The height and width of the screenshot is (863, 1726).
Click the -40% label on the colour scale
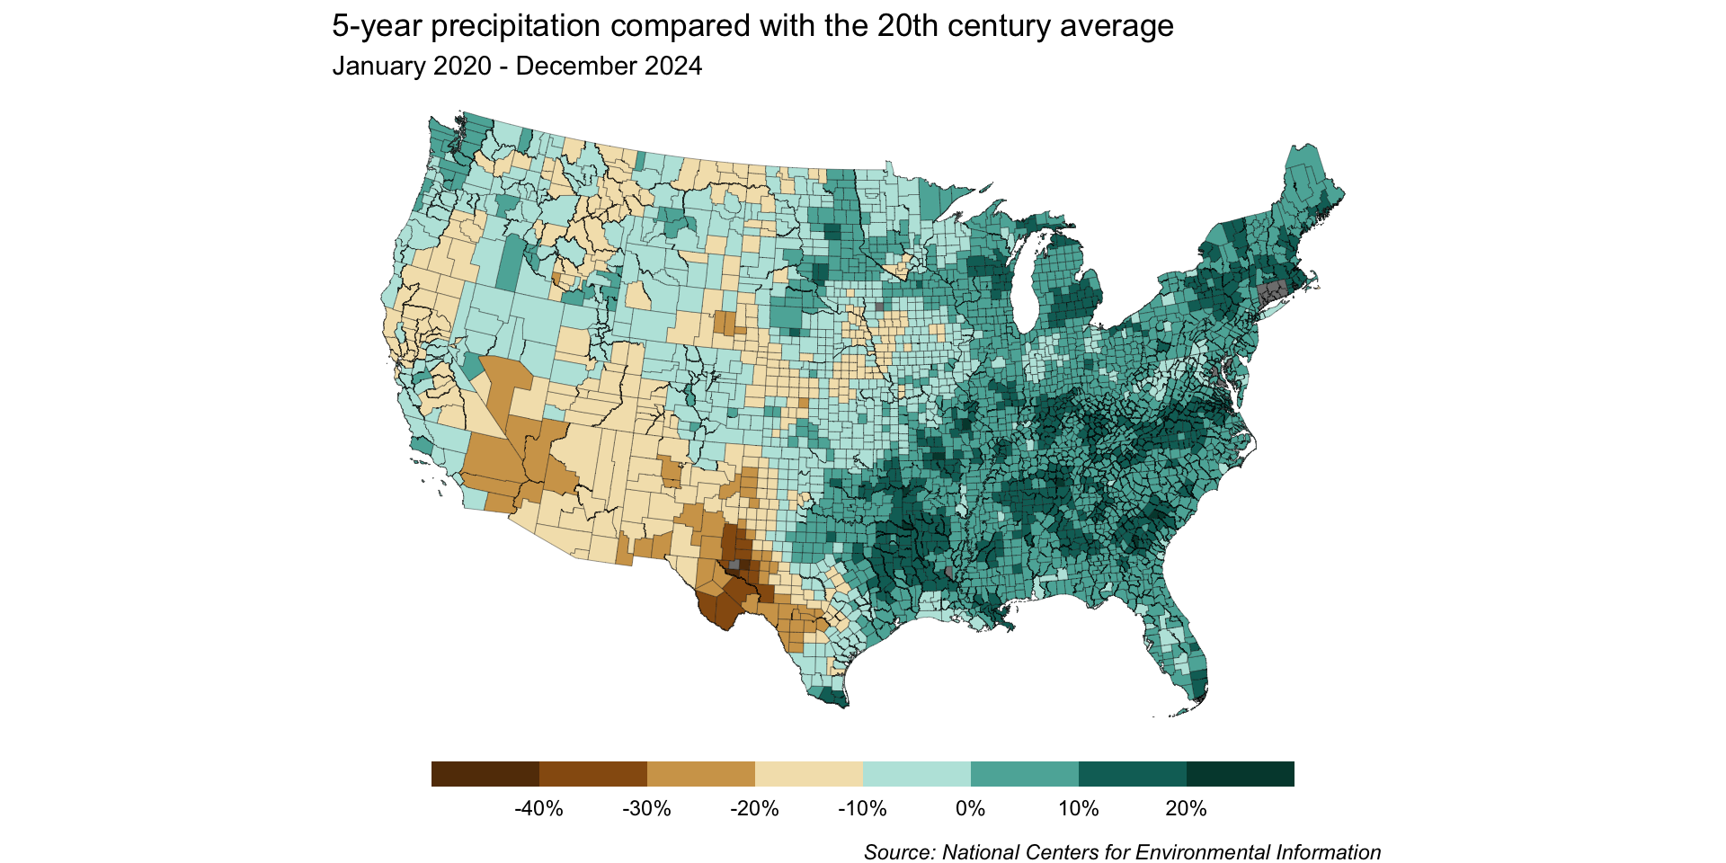click(x=538, y=809)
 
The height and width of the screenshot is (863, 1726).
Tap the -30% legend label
click(x=646, y=809)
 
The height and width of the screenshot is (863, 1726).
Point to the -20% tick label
click(x=754, y=809)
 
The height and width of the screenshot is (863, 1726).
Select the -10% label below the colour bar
click(x=862, y=809)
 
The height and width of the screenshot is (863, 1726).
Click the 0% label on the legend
click(x=971, y=809)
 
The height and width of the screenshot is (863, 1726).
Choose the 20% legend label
click(x=1186, y=809)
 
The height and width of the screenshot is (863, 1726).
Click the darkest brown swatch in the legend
click(x=485, y=774)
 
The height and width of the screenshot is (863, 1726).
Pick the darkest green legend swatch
click(x=1241, y=774)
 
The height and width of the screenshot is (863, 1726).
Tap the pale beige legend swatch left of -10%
click(x=809, y=774)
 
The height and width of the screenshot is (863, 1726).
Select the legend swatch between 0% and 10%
click(x=1025, y=774)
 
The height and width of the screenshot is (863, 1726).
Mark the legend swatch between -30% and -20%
click(x=701, y=774)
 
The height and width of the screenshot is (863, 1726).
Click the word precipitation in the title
click(x=515, y=27)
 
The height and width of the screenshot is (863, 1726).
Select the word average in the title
click(x=1117, y=27)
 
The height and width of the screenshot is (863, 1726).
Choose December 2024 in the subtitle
click(x=609, y=67)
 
